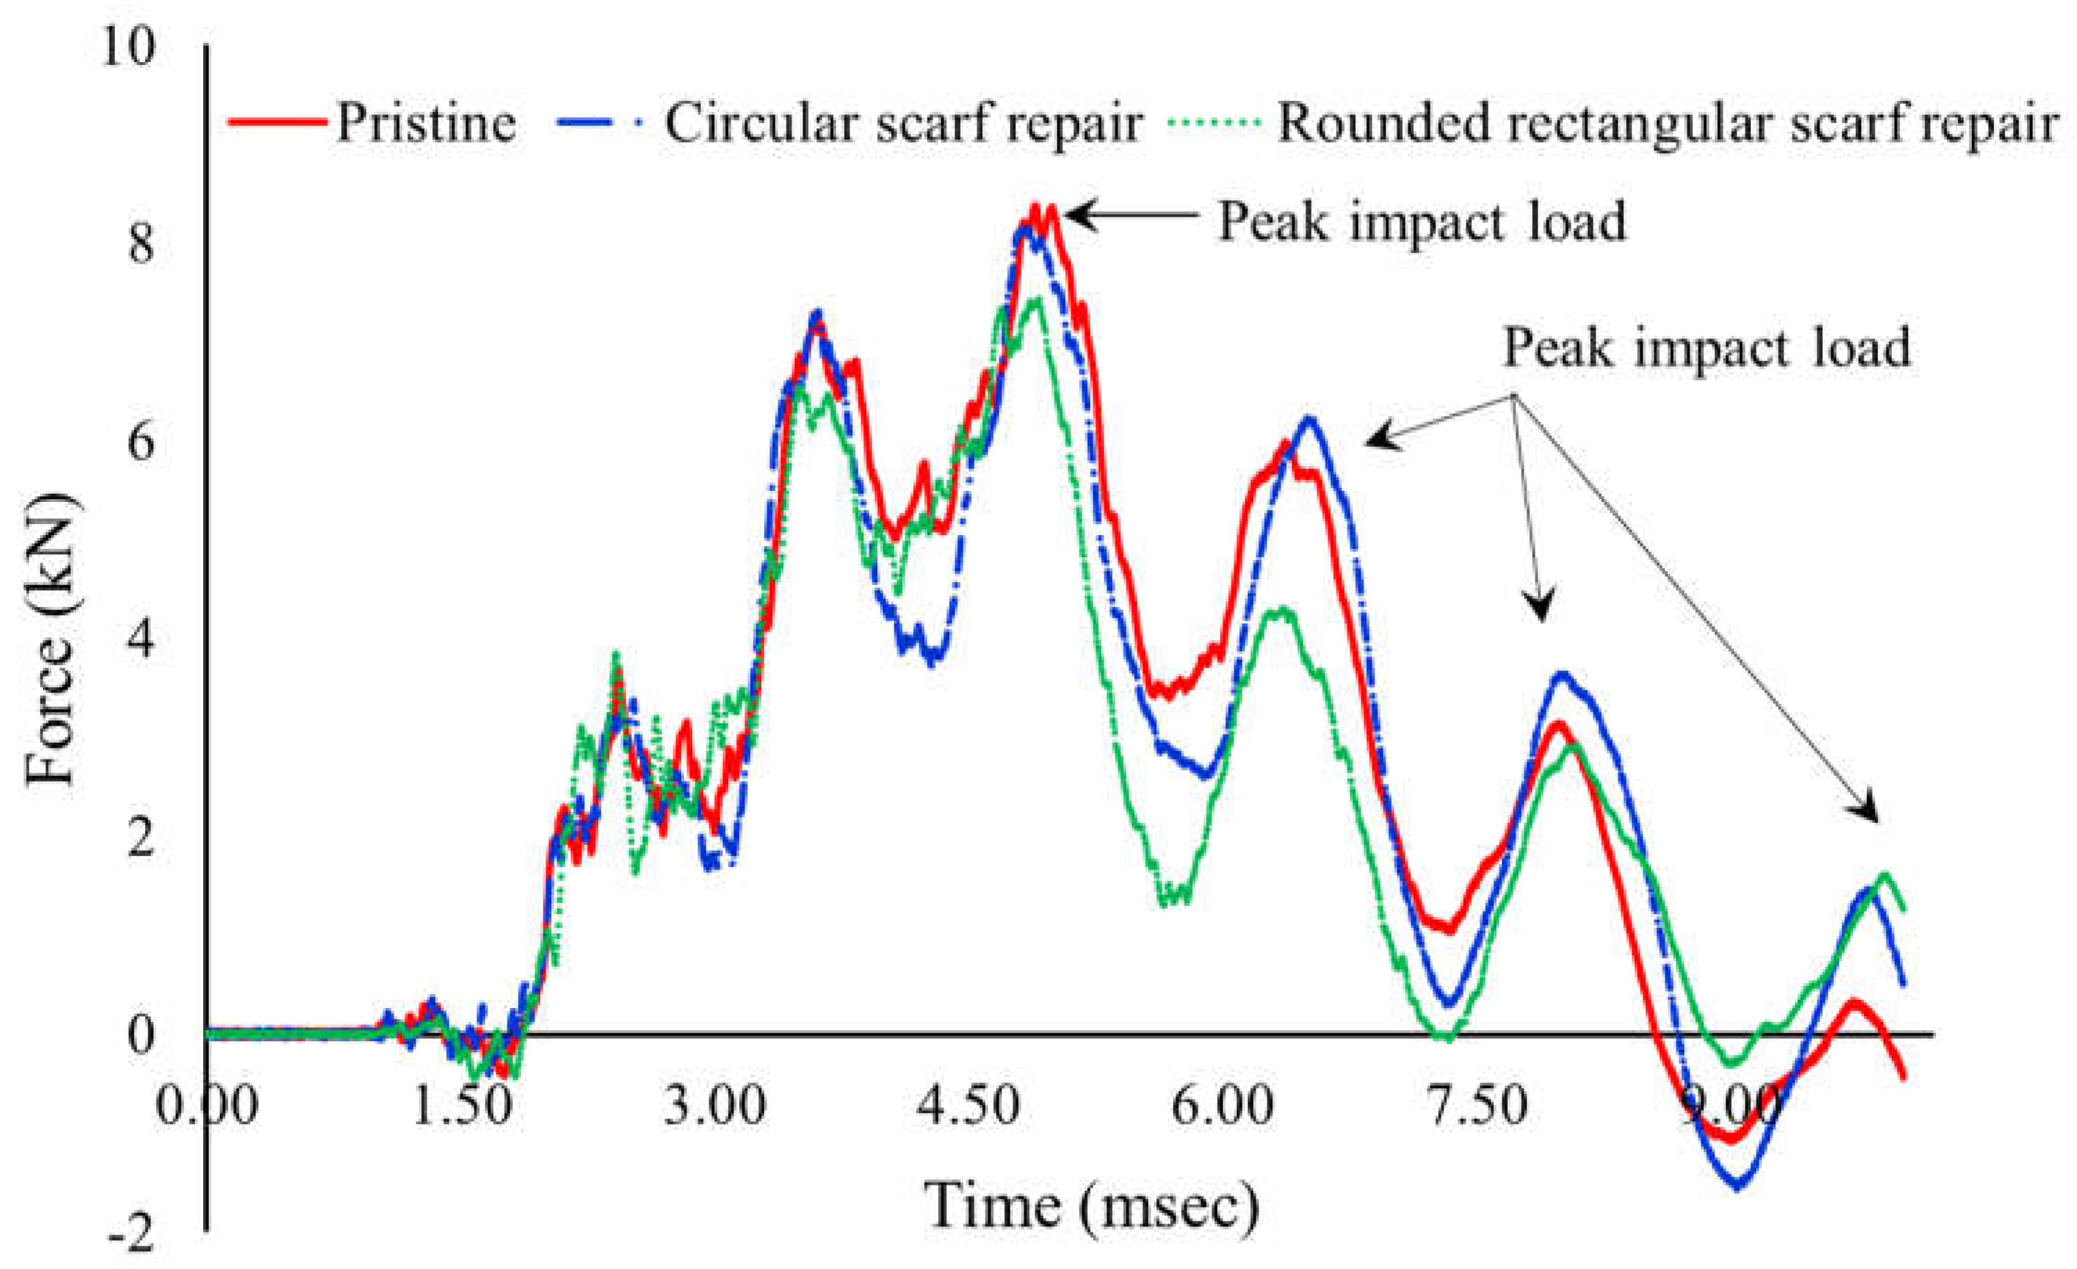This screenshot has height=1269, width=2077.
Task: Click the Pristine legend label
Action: click(x=425, y=124)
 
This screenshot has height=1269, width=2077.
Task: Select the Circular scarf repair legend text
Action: click(x=903, y=124)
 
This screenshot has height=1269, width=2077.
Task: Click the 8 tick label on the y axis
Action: click(x=141, y=246)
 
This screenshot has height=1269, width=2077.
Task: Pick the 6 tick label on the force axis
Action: click(x=141, y=443)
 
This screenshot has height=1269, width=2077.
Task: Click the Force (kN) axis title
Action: click(x=50, y=641)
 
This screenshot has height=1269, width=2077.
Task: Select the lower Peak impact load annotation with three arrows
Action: click(x=1706, y=347)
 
